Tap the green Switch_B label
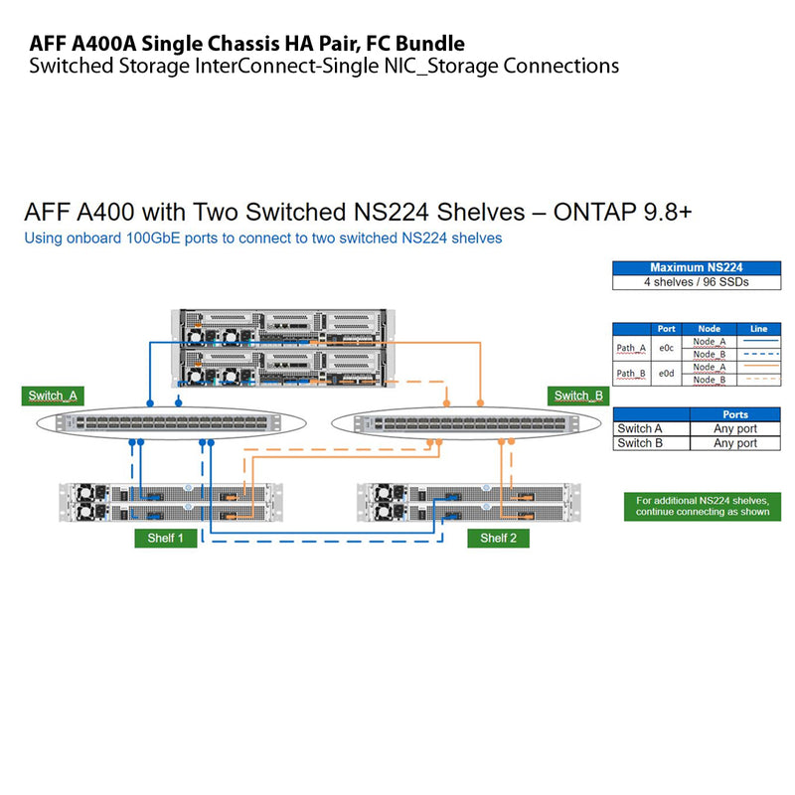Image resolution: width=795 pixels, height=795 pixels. pyautogui.click(x=577, y=396)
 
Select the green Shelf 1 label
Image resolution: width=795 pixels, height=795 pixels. pyautogui.click(x=165, y=538)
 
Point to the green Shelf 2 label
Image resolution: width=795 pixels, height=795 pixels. pyautogui.click(x=498, y=538)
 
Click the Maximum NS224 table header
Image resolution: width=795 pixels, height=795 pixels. pyautogui.click(x=696, y=267)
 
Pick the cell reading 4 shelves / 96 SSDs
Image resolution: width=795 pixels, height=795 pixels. pyautogui.click(x=696, y=282)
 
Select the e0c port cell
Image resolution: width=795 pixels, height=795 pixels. pyautogui.click(x=667, y=348)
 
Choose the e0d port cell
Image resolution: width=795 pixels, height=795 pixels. pyautogui.click(x=667, y=373)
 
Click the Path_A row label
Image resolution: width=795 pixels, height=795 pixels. pyautogui.click(x=631, y=348)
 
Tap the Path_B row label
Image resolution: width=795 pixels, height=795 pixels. pyautogui.click(x=631, y=373)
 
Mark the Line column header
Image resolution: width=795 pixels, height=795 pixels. pyautogui.click(x=759, y=329)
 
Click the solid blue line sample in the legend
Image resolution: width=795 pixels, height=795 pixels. pyautogui.click(x=759, y=341)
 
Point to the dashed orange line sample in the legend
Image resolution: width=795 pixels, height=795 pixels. pyautogui.click(x=759, y=380)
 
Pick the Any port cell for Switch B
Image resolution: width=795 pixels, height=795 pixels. pyautogui.click(x=735, y=443)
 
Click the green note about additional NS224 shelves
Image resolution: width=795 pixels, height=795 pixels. pyautogui.click(x=703, y=506)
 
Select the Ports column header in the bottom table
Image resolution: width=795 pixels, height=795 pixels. pyautogui.click(x=735, y=414)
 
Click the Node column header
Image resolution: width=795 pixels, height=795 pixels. pyautogui.click(x=710, y=329)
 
